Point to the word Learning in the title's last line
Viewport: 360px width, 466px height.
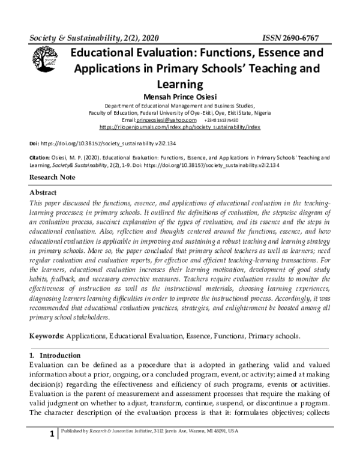pos(180,83)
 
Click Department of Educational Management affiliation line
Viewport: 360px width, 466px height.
pos(179,104)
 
